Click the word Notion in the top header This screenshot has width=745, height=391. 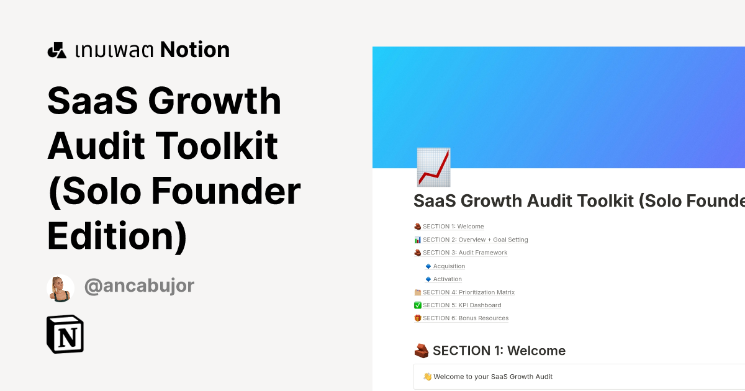[194, 50]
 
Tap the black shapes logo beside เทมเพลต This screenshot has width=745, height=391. [56, 50]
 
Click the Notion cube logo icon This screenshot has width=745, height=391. [65, 335]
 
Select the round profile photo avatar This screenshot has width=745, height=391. [61, 288]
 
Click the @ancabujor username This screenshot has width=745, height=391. [139, 285]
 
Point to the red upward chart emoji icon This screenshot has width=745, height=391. [433, 167]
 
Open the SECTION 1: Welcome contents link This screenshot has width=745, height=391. [453, 227]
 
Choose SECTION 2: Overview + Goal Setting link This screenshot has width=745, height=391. [475, 240]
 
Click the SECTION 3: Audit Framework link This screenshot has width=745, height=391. [465, 253]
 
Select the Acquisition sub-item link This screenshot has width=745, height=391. [449, 266]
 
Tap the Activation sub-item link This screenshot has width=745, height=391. [448, 279]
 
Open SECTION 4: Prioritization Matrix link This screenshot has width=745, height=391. [468, 292]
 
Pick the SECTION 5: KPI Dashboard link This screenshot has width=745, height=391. [462, 305]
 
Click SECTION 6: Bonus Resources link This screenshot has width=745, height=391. [466, 318]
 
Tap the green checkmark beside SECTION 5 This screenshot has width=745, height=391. [417, 305]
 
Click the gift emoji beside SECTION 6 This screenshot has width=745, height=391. [417, 318]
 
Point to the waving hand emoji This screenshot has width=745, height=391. [427, 377]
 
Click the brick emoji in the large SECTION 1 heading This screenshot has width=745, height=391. [422, 351]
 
